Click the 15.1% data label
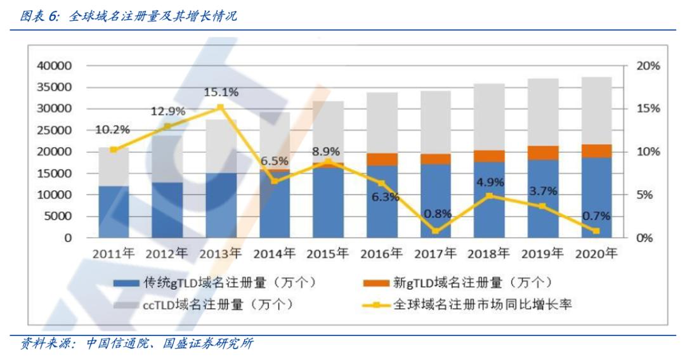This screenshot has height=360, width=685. point(221,93)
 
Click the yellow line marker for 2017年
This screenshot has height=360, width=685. point(435,231)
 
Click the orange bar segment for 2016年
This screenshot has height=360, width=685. point(382,159)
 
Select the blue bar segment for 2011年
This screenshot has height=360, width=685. point(114,212)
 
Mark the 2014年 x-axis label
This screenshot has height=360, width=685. point(274,254)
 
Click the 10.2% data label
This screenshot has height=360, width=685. point(112,130)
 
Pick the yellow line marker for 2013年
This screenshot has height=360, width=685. point(221,107)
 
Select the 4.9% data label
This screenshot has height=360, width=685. point(489,183)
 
